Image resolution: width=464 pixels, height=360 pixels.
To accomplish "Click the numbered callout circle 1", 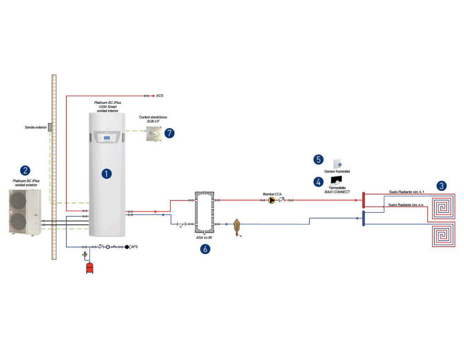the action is (107, 174).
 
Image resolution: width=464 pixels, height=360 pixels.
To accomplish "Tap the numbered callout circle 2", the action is (25, 170).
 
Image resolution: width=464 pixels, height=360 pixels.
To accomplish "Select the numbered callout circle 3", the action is (441, 186).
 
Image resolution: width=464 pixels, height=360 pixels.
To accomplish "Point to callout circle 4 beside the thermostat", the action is (318, 182).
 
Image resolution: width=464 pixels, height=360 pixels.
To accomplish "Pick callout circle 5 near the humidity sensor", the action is (318, 160).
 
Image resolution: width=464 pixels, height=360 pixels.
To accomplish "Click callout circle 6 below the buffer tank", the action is (205, 249).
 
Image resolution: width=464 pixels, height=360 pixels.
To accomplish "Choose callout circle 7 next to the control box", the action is (169, 133).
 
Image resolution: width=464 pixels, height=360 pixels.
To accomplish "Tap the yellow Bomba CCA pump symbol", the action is (271, 200).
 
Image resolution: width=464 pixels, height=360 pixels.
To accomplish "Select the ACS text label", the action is (160, 96).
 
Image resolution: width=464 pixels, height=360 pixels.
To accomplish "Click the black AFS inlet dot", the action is (127, 247).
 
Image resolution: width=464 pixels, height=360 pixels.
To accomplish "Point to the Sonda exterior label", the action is (35, 127).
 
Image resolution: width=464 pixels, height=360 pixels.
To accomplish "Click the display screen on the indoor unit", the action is (107, 138).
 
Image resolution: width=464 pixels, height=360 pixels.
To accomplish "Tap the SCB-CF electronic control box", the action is (154, 134).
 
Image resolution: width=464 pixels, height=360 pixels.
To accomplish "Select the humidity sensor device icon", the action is (337, 164).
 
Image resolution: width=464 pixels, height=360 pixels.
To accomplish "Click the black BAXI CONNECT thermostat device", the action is (336, 180).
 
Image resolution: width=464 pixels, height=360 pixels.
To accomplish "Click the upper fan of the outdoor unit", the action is (18, 200).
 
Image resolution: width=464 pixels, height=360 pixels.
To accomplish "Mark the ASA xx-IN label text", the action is (204, 238).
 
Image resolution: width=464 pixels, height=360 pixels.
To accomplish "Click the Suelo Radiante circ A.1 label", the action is (406, 192).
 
